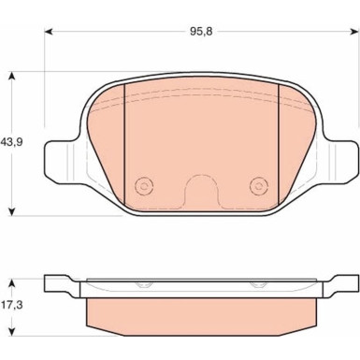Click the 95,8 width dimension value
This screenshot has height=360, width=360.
tap(201, 32)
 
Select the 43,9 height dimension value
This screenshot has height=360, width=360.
tap(12, 142)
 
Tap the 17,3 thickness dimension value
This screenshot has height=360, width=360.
tap(12, 305)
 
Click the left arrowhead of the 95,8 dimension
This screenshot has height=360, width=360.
tap(48, 32)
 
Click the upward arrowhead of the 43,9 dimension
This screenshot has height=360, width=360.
tap(11, 77)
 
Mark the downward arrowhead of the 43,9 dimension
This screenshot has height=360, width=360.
tap(11, 211)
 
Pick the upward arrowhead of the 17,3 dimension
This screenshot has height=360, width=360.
tap(11, 283)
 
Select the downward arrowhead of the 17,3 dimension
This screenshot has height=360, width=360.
tap(11, 331)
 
